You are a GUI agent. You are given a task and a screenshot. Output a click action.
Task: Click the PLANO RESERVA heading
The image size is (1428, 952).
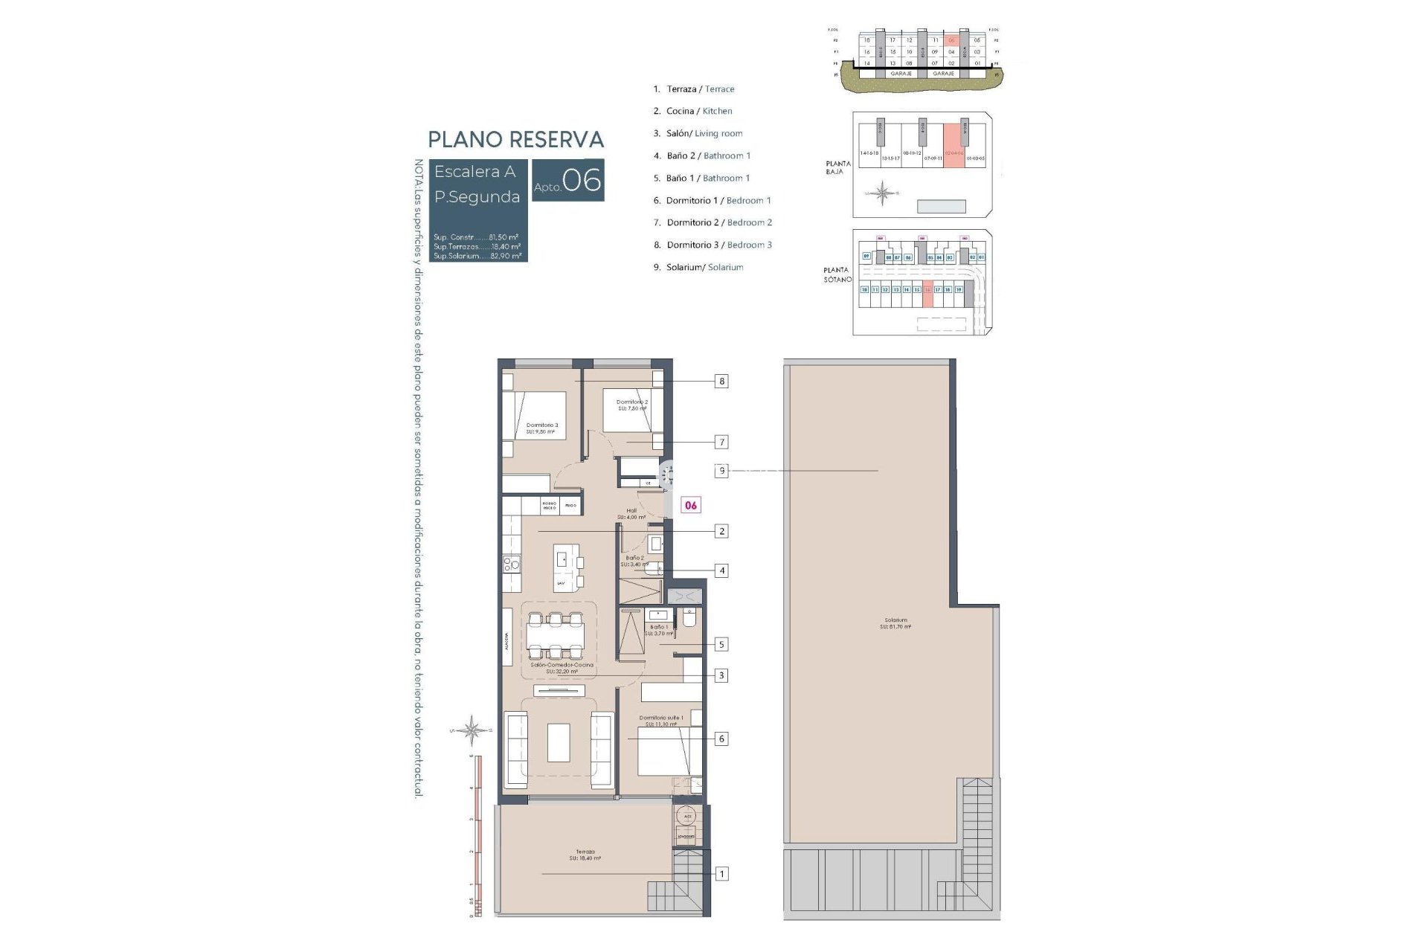(x=515, y=140)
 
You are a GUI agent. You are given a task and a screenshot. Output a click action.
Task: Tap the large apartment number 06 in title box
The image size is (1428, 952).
(x=582, y=180)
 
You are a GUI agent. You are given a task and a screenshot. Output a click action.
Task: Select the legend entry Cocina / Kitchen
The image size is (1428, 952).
(x=699, y=111)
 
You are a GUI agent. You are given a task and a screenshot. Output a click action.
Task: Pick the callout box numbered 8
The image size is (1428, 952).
(x=721, y=381)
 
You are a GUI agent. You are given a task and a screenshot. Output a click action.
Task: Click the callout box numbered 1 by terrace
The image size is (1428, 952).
(x=721, y=874)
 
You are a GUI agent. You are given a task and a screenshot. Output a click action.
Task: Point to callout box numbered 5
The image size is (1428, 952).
(x=721, y=644)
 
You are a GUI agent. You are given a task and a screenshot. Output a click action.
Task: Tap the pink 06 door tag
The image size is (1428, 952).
(x=691, y=505)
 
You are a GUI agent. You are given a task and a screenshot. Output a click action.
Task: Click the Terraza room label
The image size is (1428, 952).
(x=585, y=855)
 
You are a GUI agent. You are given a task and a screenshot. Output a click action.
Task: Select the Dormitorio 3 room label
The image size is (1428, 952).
(x=541, y=428)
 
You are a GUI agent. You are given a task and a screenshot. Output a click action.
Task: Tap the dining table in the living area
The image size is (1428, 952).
(x=556, y=636)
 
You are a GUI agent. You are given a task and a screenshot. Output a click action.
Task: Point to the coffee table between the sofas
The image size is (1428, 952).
(x=559, y=742)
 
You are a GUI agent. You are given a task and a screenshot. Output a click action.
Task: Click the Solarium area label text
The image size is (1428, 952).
(x=895, y=623)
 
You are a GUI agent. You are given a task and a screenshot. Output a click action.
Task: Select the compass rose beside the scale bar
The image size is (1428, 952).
(x=472, y=730)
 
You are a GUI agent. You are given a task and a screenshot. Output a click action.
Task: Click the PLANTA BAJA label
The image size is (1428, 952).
(x=837, y=167)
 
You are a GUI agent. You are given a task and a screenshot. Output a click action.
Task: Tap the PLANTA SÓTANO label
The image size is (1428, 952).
(x=837, y=274)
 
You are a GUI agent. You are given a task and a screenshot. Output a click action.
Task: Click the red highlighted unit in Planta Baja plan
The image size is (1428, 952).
(x=953, y=146)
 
